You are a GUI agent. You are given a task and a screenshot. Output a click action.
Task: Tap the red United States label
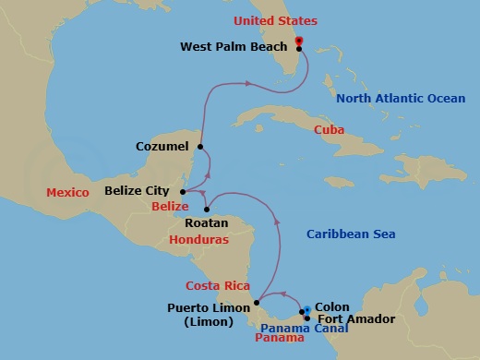coord(275,20)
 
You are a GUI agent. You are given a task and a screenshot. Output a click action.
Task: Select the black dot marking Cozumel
coord(200,145)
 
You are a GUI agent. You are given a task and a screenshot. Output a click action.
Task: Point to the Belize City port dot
coord(183,192)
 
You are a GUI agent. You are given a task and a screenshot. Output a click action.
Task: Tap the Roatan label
coord(200,222)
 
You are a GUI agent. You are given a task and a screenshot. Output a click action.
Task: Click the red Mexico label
coord(67,192)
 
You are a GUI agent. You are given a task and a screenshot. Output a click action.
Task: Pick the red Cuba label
coord(330,130)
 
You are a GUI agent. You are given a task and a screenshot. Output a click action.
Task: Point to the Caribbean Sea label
coord(351,234)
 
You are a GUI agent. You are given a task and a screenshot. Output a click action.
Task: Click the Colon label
coord(332,306)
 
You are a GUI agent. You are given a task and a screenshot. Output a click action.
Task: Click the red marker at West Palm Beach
coord(299,40)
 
